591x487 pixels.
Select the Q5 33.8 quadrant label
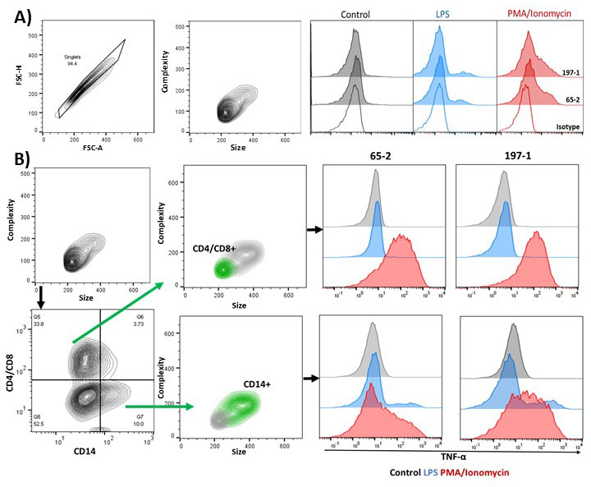point(38,319)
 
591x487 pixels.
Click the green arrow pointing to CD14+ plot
point(160,406)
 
